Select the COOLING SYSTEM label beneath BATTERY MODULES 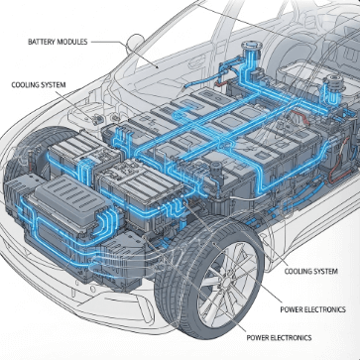[39, 85]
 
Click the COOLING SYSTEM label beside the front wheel [311, 272]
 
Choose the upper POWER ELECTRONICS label [312, 309]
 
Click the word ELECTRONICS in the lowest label [292, 337]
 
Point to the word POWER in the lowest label [258, 337]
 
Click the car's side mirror [134, 43]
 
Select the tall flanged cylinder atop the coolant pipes [251, 56]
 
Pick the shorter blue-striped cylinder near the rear [331, 86]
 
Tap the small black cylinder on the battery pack [215, 170]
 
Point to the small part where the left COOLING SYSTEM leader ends [97, 120]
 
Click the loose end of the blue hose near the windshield [185, 86]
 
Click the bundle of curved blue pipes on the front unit [106, 221]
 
